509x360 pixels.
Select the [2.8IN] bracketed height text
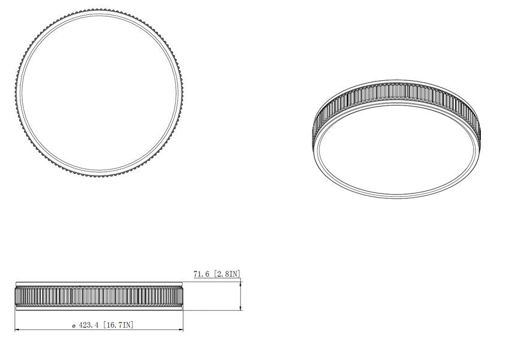(x=228, y=274)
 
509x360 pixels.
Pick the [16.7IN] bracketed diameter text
(x=118, y=325)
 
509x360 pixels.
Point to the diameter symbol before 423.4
(x=73, y=325)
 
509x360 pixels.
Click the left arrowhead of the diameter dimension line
(x=17, y=330)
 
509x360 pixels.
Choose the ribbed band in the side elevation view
(x=99, y=296)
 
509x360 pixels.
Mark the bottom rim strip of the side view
(x=99, y=308)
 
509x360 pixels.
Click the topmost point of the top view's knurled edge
(x=99, y=10)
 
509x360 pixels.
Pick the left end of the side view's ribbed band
(x=16, y=296)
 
